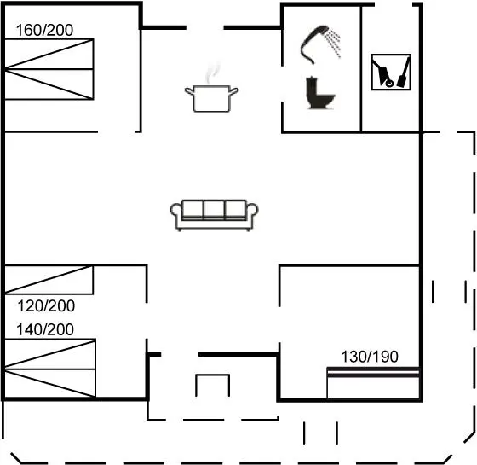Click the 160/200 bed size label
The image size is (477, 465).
click(44, 30)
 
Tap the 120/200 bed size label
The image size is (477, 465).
click(46, 306)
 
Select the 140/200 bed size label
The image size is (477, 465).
click(45, 329)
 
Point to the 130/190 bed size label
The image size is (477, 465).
click(370, 357)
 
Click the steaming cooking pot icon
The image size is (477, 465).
click(212, 91)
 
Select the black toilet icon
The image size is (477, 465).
click(320, 93)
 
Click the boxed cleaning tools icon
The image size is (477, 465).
click(391, 73)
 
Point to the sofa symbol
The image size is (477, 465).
click(214, 215)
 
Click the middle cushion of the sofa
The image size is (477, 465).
click(214, 209)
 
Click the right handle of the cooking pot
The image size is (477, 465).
click(234, 90)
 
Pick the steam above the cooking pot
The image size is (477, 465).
click(212, 73)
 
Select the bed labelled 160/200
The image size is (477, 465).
click(49, 69)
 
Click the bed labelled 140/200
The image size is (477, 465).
click(50, 369)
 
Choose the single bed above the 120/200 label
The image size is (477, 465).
click(49, 280)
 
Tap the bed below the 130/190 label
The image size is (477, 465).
click(373, 383)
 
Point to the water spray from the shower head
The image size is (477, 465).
click(333, 43)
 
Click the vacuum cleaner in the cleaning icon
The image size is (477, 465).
click(383, 74)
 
